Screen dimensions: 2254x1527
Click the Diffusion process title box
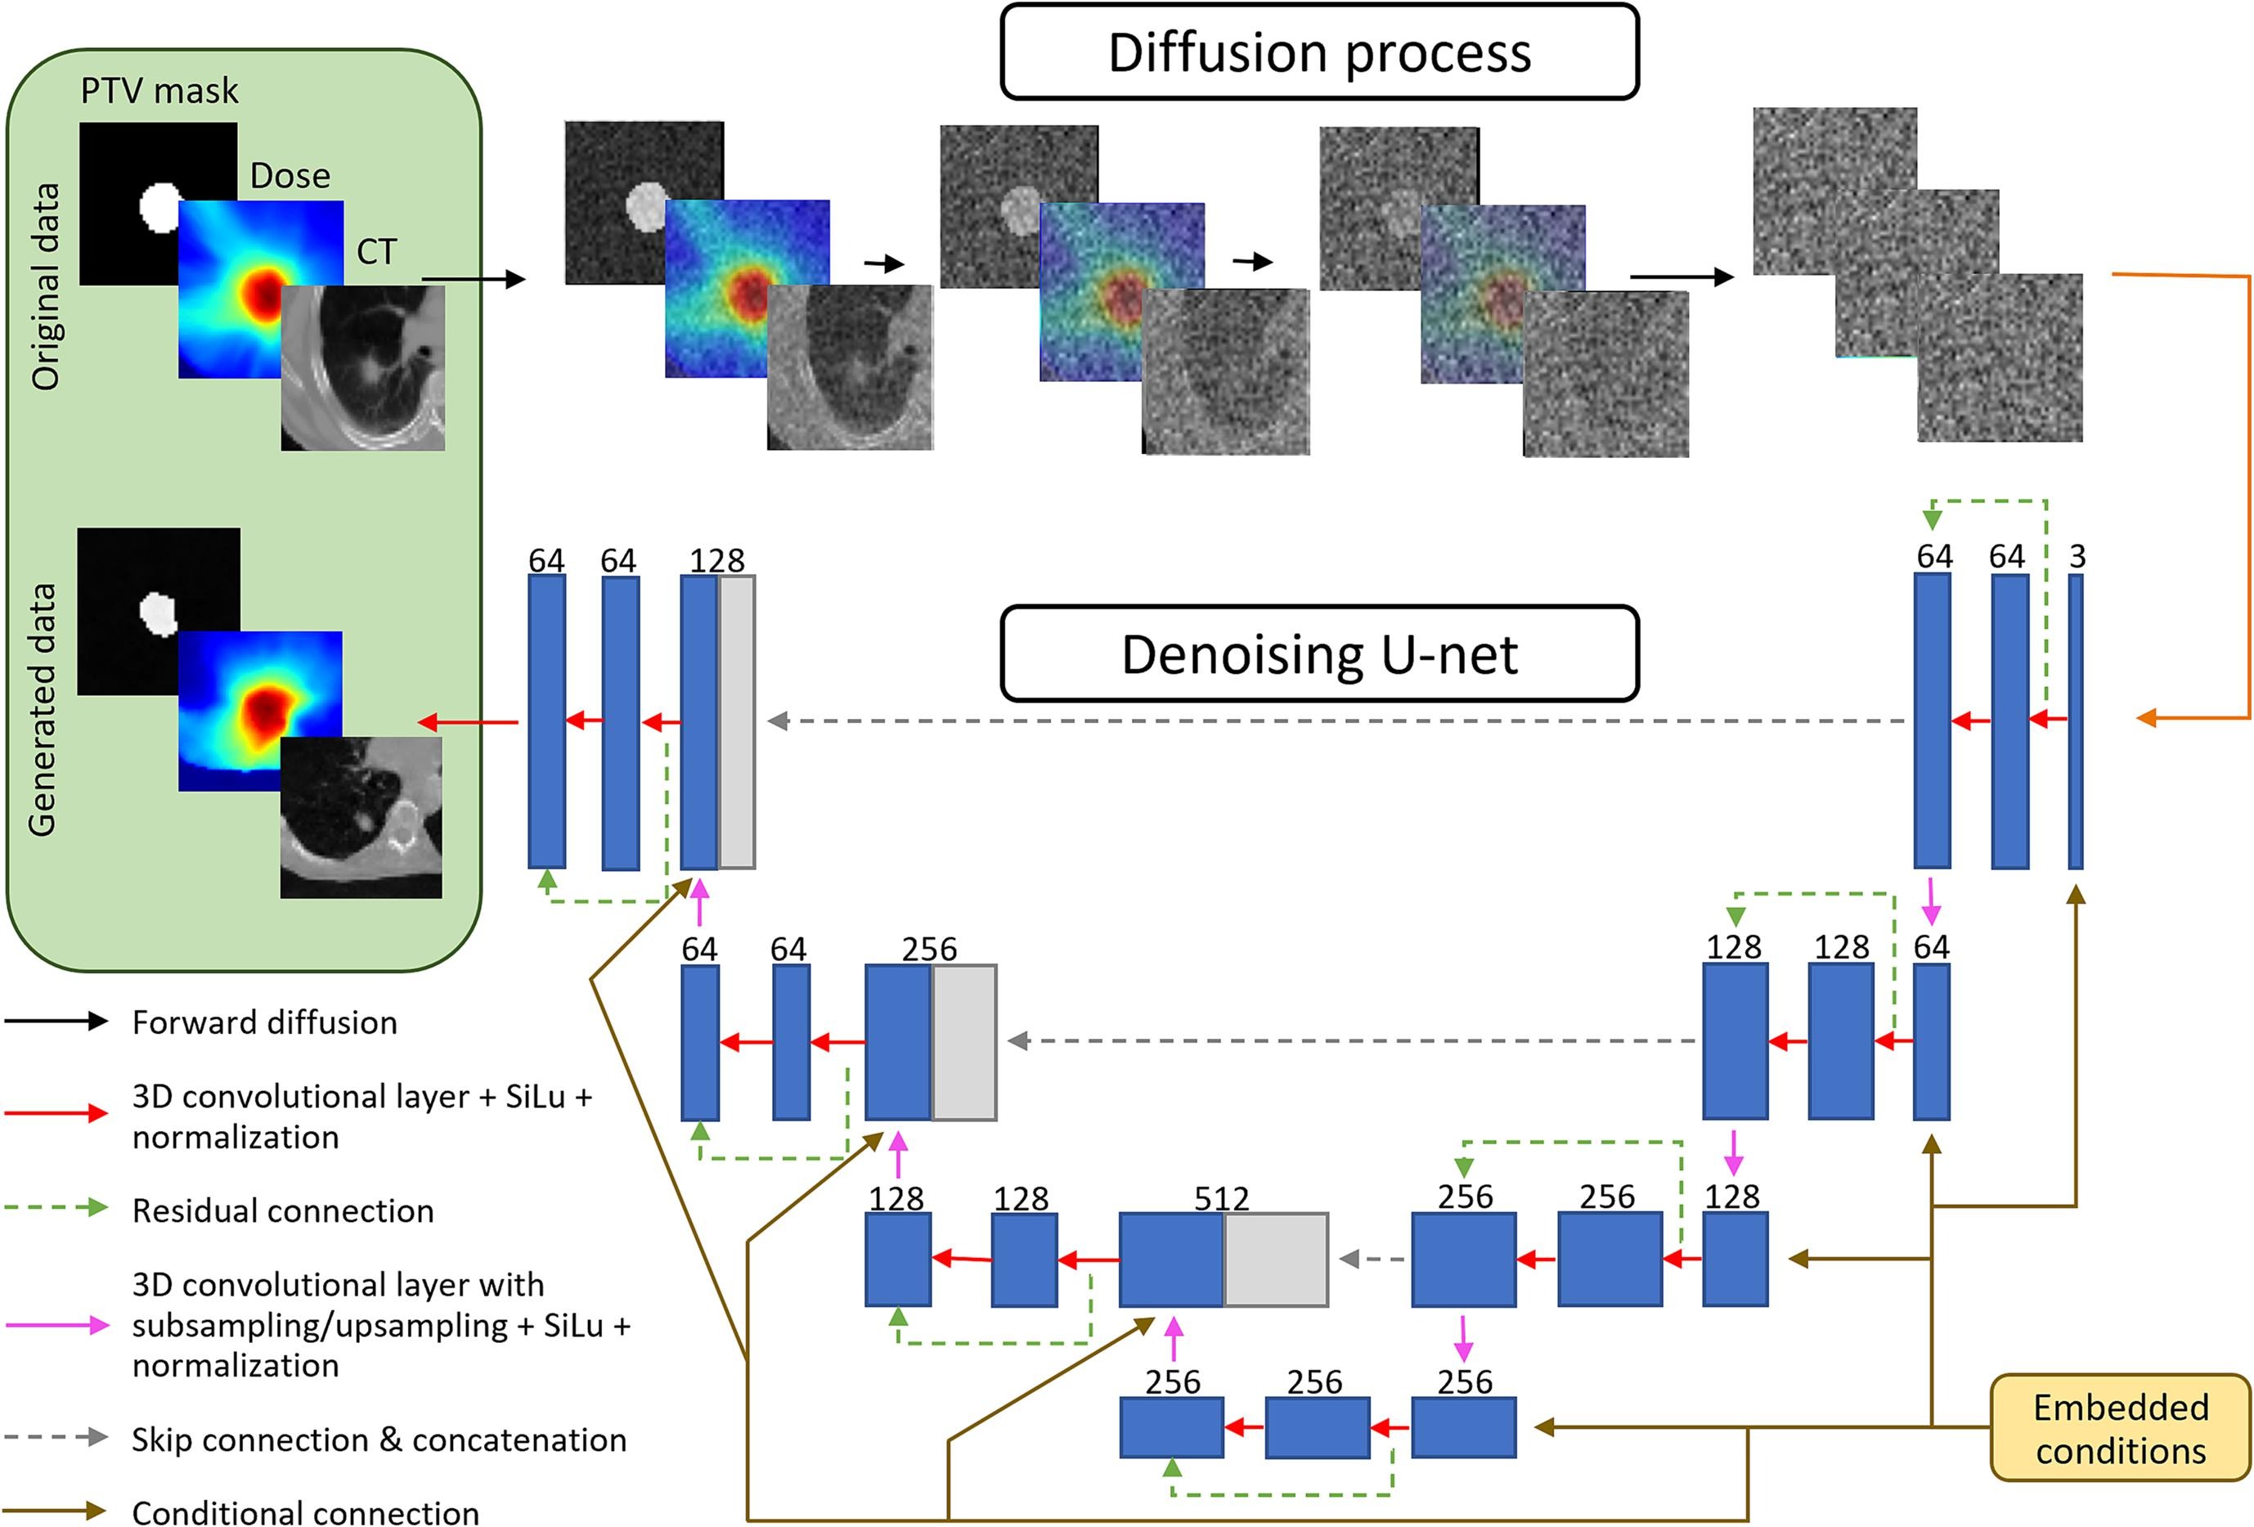click(x=1319, y=52)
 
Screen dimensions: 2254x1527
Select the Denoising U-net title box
click(x=1319, y=653)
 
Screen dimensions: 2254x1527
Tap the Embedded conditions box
click(x=2120, y=1428)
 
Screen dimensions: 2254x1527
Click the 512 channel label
click(x=1221, y=1198)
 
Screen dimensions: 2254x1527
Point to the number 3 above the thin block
click(x=2077, y=557)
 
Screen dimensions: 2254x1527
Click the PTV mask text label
click(x=159, y=91)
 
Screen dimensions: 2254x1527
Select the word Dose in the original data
click(x=290, y=176)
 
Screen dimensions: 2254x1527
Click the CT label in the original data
click(x=376, y=252)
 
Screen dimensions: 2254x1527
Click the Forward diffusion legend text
click(x=265, y=1022)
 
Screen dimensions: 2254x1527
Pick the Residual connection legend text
click(x=283, y=1210)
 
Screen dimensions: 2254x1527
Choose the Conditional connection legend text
click(x=306, y=1512)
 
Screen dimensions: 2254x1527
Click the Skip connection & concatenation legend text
click(x=379, y=1439)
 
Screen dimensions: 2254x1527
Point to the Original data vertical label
click(x=45, y=287)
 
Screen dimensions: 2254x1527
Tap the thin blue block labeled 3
click(x=2076, y=721)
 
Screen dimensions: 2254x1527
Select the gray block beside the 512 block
click(x=1275, y=1260)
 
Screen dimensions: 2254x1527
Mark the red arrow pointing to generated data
click(x=468, y=721)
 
